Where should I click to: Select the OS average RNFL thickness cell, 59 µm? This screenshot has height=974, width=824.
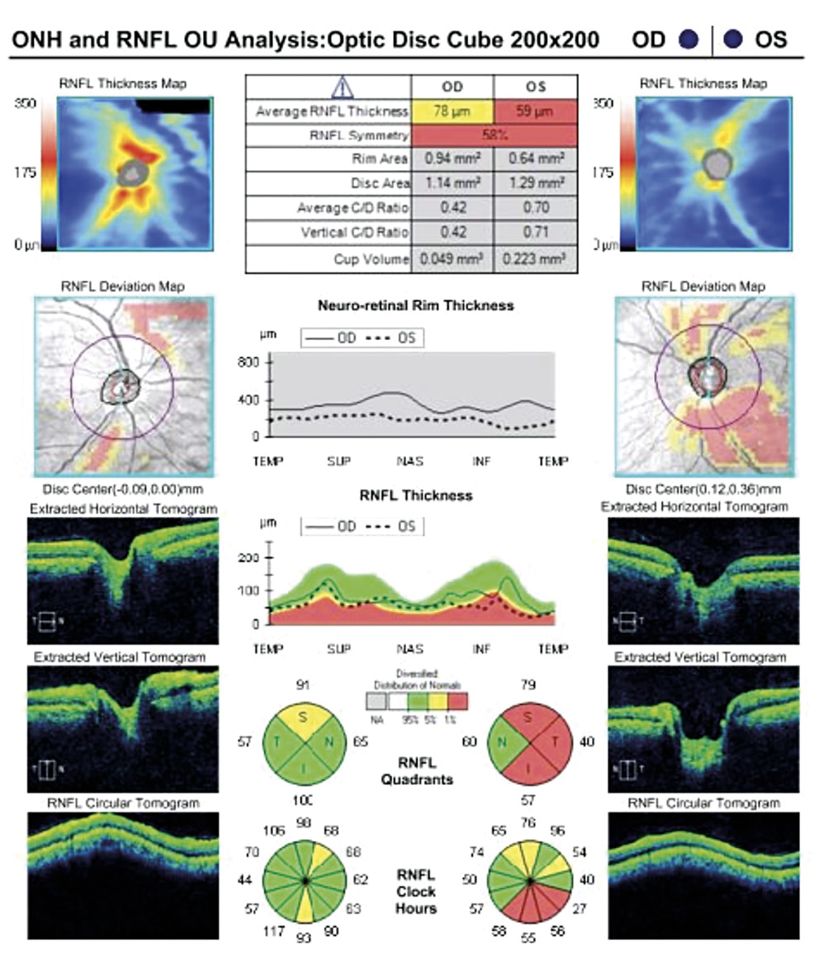tap(535, 111)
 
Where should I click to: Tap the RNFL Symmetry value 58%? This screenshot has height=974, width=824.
tap(494, 135)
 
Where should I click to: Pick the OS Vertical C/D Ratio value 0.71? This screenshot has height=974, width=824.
tap(535, 233)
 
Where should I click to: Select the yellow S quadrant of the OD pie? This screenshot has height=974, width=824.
tap(303, 718)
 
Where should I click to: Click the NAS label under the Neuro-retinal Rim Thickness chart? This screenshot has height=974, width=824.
tap(410, 461)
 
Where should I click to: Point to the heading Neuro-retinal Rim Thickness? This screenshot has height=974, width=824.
tap(415, 305)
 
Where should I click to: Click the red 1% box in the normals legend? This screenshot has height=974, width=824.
tap(458, 702)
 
